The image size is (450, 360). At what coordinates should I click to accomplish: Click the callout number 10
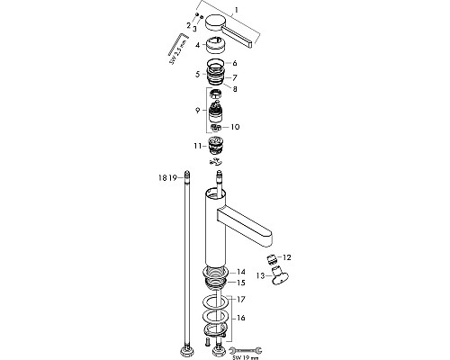(236, 127)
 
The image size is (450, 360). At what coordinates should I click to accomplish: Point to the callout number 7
(236, 77)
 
